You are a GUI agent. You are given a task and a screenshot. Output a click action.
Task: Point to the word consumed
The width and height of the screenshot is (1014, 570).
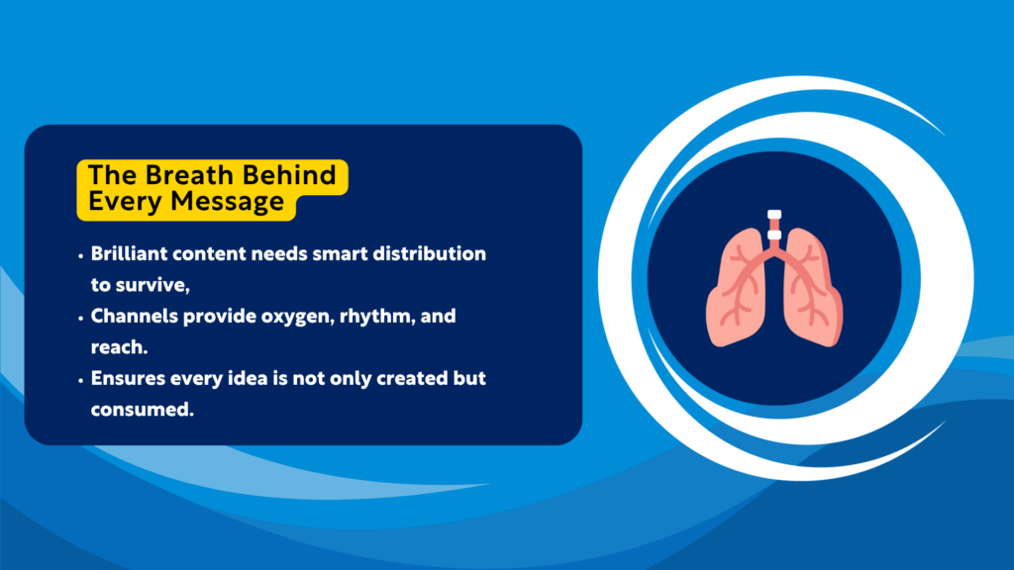pos(140,408)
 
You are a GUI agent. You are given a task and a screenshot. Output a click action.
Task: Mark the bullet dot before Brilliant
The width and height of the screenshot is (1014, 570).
pos(80,254)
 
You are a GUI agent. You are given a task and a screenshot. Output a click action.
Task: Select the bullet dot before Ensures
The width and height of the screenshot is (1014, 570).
pos(80,379)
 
